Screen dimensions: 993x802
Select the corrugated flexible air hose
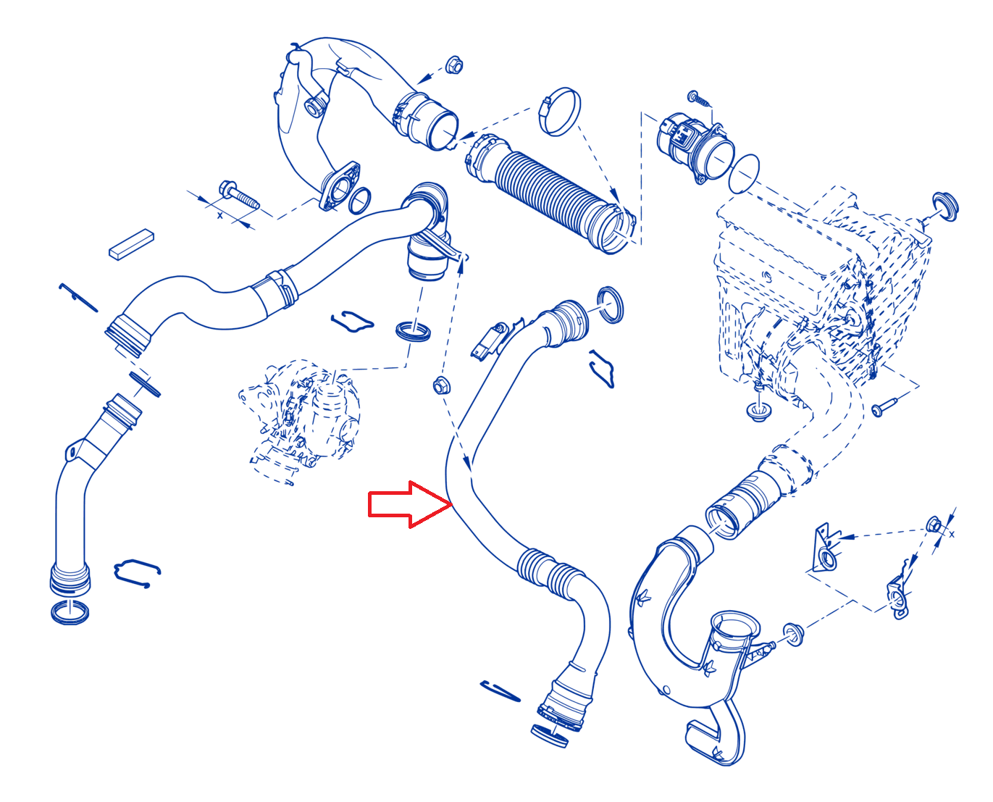pyautogui.click(x=550, y=193)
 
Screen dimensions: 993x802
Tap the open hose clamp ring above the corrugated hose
pyautogui.click(x=559, y=111)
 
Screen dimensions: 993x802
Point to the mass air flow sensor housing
pyautogui.click(x=695, y=146)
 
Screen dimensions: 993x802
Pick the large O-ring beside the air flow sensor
pyautogui.click(x=744, y=173)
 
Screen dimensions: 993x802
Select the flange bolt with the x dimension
pyautogui.click(x=239, y=195)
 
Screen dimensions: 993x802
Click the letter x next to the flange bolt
pyautogui.click(x=219, y=215)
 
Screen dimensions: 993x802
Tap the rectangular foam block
pyautogui.click(x=132, y=244)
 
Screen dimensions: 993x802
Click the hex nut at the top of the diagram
pyautogui.click(x=453, y=64)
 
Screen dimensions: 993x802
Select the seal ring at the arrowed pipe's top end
pyautogui.click(x=611, y=304)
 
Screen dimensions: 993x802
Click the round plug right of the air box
pyautogui.click(x=945, y=206)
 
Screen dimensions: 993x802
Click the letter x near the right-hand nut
pyautogui.click(x=951, y=534)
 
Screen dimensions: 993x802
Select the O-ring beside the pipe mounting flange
pyautogui.click(x=359, y=201)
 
